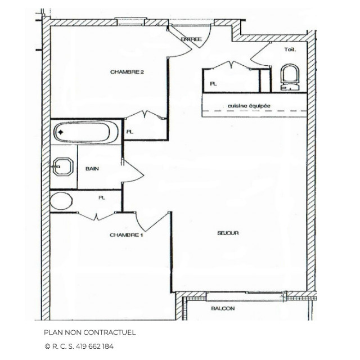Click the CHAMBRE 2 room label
point(128,72)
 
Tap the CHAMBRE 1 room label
point(127,235)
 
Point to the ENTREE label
point(191,39)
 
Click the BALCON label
point(223,309)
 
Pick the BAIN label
point(93,169)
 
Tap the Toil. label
point(290,49)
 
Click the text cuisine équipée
point(249,105)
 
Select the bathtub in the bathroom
point(86,133)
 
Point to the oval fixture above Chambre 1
point(61,201)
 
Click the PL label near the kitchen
point(213,83)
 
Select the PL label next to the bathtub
point(130,132)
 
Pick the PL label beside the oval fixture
point(102,197)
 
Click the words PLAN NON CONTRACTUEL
point(90,332)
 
